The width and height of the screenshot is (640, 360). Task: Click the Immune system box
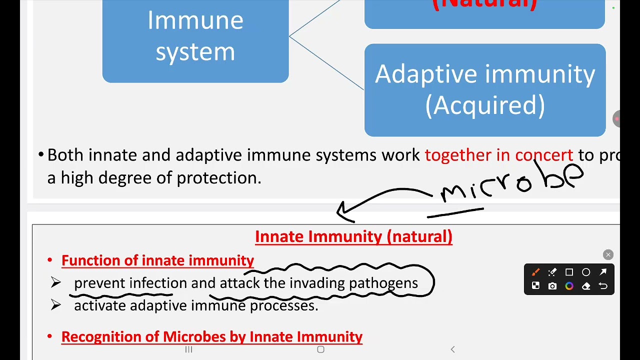point(195,37)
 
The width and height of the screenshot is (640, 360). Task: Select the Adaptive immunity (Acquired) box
point(485,90)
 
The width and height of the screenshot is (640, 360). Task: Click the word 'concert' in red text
point(544,155)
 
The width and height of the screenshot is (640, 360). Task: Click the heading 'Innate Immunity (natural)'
point(353,236)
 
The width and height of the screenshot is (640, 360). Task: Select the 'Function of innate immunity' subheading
point(157,260)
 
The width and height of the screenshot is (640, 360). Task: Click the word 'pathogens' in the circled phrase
point(383,283)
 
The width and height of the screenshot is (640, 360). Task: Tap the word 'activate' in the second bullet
point(100,305)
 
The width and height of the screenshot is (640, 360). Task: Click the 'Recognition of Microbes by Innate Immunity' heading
point(212,337)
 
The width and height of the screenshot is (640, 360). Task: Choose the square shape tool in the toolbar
point(569,272)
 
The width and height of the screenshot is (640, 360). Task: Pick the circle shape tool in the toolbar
point(586,272)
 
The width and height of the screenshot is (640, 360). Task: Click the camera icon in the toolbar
point(552,286)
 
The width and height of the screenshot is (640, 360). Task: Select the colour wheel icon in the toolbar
point(569,286)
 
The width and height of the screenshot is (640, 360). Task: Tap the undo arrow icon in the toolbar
point(603,286)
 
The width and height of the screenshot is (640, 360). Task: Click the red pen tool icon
point(535,272)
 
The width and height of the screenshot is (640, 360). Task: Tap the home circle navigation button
point(320,349)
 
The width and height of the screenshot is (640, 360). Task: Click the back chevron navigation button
point(452,349)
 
